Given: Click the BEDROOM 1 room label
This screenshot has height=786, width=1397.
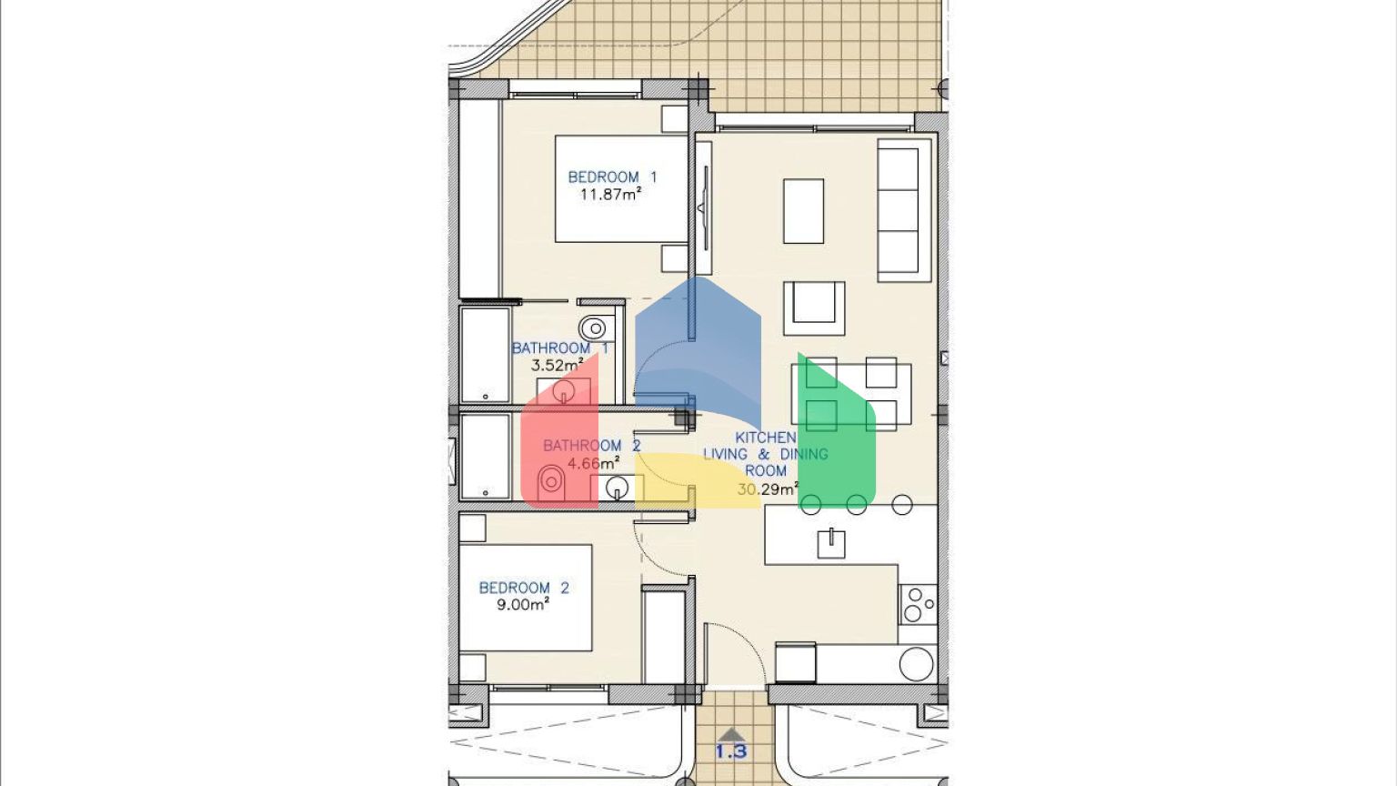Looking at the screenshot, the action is point(612,177).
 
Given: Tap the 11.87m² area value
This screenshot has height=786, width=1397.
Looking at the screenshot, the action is point(611,194).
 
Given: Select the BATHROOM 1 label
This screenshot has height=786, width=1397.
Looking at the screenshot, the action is point(559,348).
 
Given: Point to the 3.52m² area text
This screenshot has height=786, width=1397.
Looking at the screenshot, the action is point(557,365).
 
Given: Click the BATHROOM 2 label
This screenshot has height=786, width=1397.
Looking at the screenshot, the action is point(592,446).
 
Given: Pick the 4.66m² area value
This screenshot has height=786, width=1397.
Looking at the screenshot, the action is point(593,463).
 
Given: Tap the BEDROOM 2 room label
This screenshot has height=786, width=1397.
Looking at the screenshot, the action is point(524,588).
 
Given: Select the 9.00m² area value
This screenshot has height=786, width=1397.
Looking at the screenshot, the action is point(523,604).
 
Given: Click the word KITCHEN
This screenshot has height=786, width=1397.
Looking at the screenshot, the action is point(766,438).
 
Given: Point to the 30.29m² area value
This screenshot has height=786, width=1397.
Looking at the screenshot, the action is point(768,489).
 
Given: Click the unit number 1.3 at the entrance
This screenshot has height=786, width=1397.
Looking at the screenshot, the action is point(731,751).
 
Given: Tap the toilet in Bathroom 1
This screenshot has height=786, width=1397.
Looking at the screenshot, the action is point(594,327).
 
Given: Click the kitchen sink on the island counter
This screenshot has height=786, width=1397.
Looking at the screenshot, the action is point(831,544).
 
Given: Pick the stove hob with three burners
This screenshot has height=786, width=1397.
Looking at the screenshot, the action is point(918,604).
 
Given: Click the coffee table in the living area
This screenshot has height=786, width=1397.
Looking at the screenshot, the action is point(803,211).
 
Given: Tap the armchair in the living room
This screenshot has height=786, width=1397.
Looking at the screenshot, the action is point(814,308).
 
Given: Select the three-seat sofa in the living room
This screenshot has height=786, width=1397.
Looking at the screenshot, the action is point(904,210).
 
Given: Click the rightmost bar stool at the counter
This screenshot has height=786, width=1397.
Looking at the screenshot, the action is point(902,505).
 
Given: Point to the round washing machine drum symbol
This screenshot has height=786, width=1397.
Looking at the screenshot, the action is point(917,664).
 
